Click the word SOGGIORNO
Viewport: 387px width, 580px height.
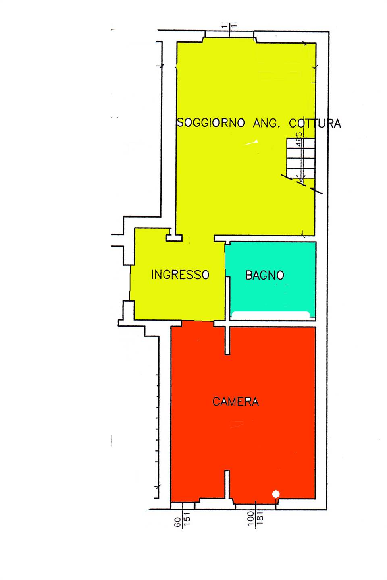tap(211, 122)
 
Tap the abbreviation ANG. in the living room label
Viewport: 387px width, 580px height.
tap(266, 123)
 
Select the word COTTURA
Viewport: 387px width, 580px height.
tap(315, 123)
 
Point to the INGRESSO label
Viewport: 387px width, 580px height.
tap(180, 275)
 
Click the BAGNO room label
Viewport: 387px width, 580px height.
tap(264, 275)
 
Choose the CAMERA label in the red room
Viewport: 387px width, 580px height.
tap(235, 402)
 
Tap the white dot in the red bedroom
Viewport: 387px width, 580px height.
tap(276, 494)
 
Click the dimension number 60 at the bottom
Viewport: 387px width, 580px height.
tap(178, 522)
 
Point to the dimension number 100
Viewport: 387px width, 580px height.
tap(251, 518)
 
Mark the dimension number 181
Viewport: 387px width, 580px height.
tap(260, 518)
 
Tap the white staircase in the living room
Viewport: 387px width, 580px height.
tap(301, 158)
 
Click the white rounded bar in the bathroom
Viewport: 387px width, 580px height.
tap(270, 315)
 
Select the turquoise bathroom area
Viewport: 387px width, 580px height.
tap(270, 294)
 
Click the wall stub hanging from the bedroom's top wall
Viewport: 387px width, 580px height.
tap(227, 340)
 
